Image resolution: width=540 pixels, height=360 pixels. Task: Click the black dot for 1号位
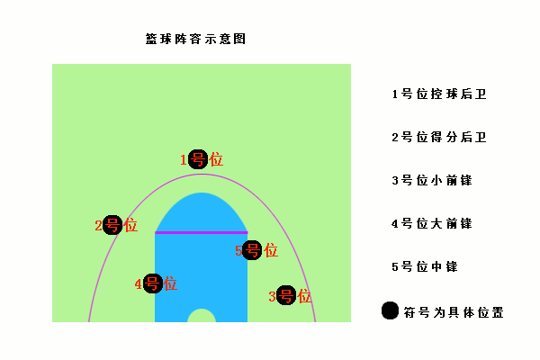click(198, 159)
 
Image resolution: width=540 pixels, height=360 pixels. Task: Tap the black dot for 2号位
click(112, 225)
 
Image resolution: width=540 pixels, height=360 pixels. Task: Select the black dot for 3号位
click(286, 295)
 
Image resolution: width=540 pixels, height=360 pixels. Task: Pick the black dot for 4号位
click(153, 283)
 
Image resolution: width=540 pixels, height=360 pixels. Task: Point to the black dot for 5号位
click(252, 250)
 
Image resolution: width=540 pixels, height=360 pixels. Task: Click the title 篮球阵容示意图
click(195, 39)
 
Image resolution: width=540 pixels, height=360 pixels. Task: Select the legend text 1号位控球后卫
click(439, 94)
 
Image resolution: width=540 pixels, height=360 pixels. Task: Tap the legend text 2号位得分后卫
click(439, 137)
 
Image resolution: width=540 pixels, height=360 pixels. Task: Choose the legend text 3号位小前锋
click(432, 180)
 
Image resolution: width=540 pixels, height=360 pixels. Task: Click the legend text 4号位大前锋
click(432, 223)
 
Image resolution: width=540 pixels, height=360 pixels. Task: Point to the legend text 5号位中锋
click(425, 266)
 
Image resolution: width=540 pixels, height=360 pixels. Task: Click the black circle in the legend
click(391, 310)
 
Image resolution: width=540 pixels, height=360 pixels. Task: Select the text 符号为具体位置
click(454, 312)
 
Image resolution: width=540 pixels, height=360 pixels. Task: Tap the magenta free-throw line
click(202, 233)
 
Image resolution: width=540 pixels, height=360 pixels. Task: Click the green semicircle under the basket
click(202, 316)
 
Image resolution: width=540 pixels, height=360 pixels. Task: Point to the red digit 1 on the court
click(184, 160)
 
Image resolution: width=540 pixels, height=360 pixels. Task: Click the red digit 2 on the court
click(98, 226)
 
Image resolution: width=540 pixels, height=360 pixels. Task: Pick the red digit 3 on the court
click(272, 296)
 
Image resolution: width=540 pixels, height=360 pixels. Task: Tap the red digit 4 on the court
click(139, 284)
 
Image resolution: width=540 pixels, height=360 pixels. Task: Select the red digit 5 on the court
click(238, 251)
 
